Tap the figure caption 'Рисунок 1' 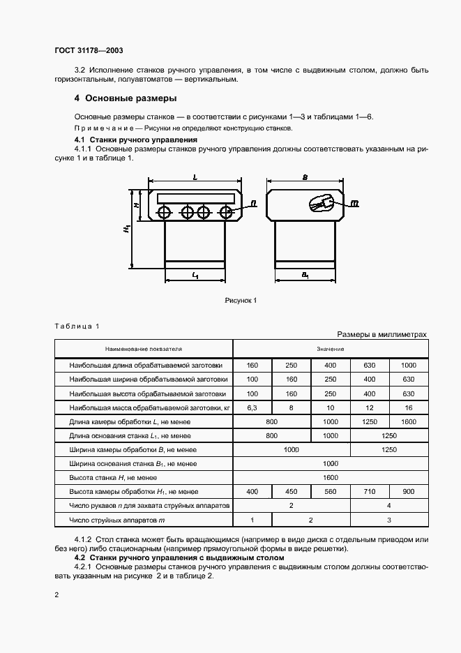[x=241, y=300]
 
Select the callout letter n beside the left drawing [x=252, y=203]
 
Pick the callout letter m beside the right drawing [x=354, y=204]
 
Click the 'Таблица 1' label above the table [x=77, y=326]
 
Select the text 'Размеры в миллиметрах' [x=381, y=334]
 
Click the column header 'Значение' [x=330, y=347]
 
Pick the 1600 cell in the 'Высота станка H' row [x=330, y=478]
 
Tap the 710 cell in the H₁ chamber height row [x=369, y=492]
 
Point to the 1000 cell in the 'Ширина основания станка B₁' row [x=330, y=463]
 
